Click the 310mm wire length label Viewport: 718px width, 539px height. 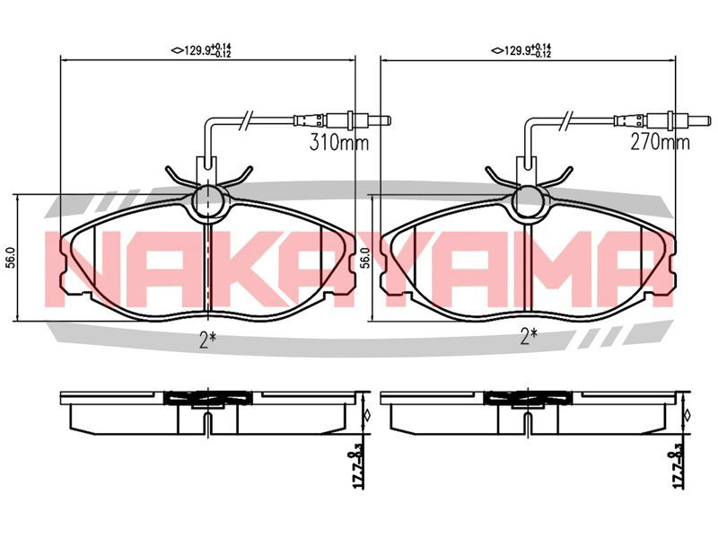click(x=339, y=143)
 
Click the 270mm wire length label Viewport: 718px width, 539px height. click(x=660, y=143)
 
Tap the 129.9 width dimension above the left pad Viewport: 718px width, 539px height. click(x=201, y=50)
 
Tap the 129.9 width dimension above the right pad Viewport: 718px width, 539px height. click(x=521, y=50)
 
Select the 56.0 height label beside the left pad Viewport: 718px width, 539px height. click(x=13, y=258)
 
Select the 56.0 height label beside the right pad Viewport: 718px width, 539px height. click(x=365, y=258)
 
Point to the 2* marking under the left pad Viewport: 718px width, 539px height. click(x=208, y=340)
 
